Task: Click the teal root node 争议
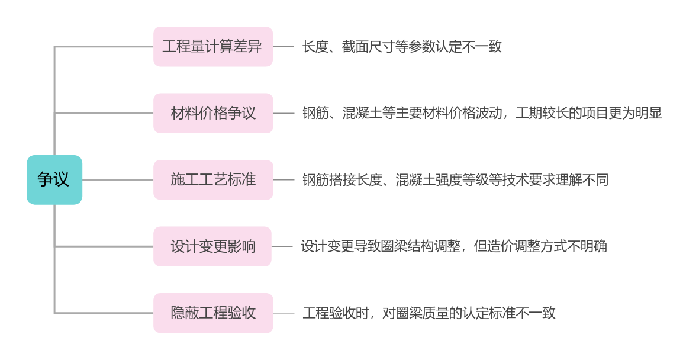[x=54, y=179]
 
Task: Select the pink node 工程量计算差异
[x=212, y=47]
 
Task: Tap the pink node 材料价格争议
[x=212, y=113]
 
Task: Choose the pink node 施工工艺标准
[x=212, y=179]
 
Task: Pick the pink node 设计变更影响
[x=212, y=246]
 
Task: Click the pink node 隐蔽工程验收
[x=212, y=313]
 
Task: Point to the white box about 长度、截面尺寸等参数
[x=402, y=47]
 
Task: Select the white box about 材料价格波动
[x=483, y=113]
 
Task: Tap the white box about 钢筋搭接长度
[x=456, y=179]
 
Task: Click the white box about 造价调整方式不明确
[x=455, y=246]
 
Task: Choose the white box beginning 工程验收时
[x=430, y=313]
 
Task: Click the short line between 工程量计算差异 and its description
[x=284, y=47]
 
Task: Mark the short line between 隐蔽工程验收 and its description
[x=284, y=313]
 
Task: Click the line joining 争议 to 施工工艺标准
[x=118, y=179]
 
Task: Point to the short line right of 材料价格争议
[x=284, y=113]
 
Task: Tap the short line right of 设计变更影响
[x=282, y=246]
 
